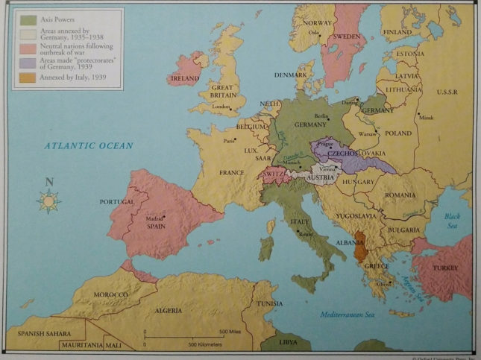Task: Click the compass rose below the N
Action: coord(49,200)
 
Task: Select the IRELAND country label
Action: coord(184,78)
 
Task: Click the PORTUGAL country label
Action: coord(116,202)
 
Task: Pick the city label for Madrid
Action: coord(155,218)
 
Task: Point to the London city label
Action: coord(220,107)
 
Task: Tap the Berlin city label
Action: coord(321,116)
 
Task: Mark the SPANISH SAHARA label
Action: coord(43,333)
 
